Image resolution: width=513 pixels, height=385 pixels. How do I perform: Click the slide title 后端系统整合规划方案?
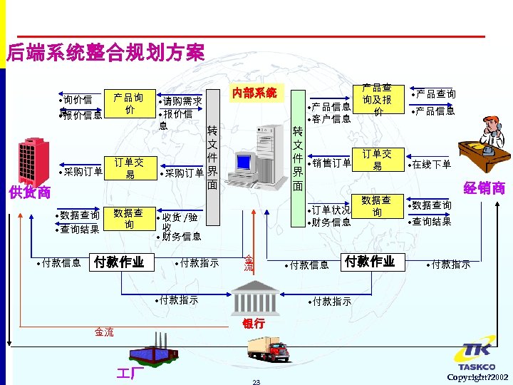[105, 52]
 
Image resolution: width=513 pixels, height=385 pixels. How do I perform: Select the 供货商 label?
[29, 192]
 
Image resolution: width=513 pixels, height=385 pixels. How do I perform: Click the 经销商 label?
[484, 188]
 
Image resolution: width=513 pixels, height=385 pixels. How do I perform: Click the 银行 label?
[253, 323]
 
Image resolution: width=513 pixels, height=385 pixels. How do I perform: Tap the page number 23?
[256, 382]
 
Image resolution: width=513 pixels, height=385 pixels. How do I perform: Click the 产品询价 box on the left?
[128, 104]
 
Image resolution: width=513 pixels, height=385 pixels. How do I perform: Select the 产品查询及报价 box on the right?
[377, 100]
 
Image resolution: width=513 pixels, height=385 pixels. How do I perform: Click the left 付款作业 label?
[119, 262]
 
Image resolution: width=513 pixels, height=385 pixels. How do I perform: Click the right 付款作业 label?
[369, 262]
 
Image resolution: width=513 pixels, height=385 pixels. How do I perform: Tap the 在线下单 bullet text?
[431, 165]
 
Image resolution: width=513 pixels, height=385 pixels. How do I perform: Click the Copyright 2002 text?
[477, 376]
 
